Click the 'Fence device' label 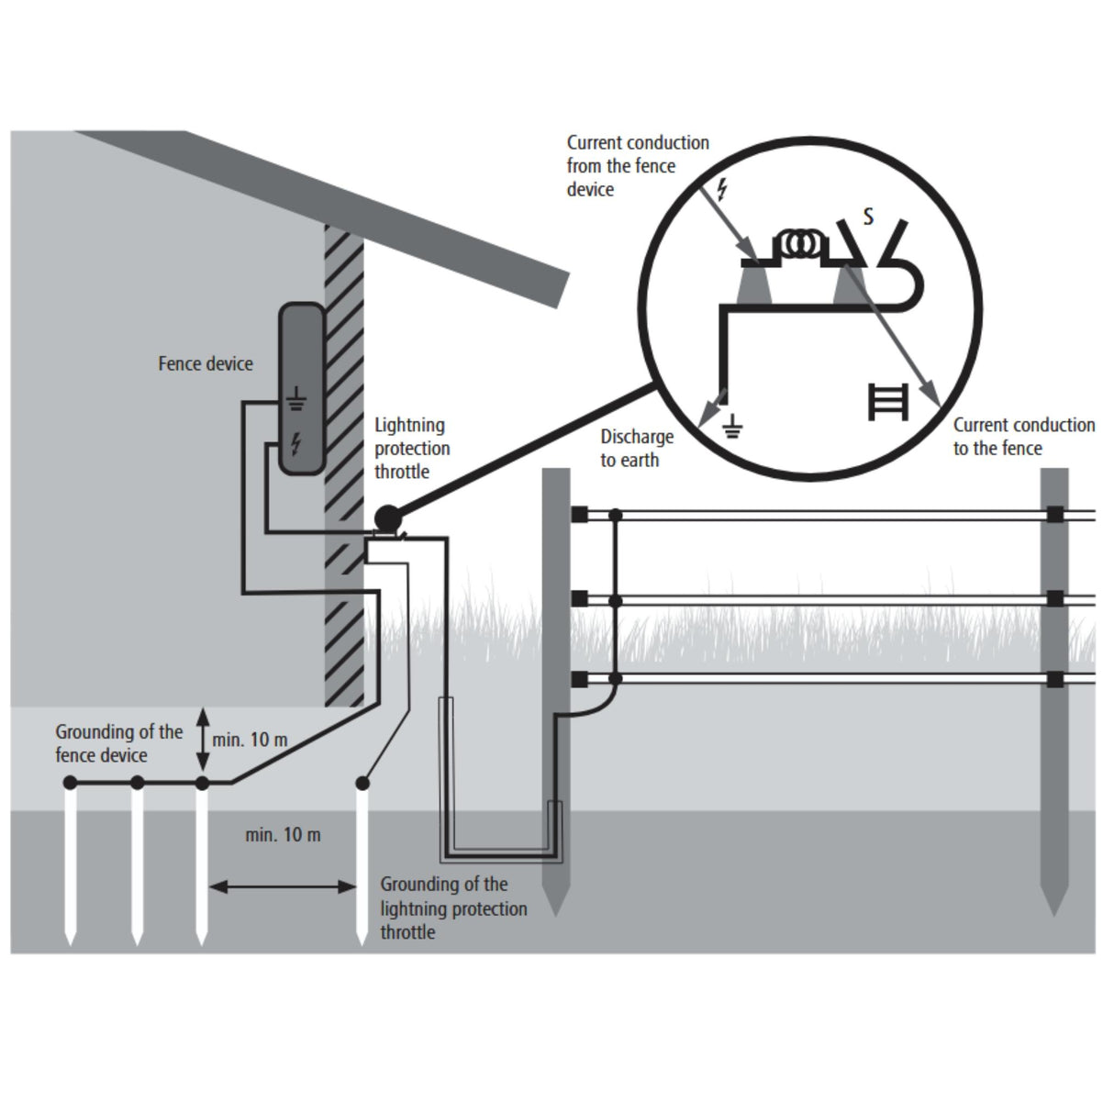[206, 363]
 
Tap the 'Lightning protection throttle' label [412, 448]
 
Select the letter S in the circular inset [868, 217]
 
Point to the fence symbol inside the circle [888, 402]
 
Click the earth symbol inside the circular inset [732, 426]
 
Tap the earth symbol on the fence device [296, 399]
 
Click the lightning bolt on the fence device [296, 443]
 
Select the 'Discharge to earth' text [637, 448]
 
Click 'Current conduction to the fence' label [1024, 437]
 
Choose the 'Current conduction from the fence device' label [638, 166]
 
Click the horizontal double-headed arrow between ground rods [282, 886]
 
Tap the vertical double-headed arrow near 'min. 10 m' [203, 739]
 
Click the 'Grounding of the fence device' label [119, 743]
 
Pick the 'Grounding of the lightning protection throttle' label [454, 908]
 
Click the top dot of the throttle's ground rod [362, 784]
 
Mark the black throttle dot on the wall [387, 517]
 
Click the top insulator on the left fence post [579, 514]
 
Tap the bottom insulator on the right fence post [1055, 679]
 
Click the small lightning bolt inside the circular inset [721, 190]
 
